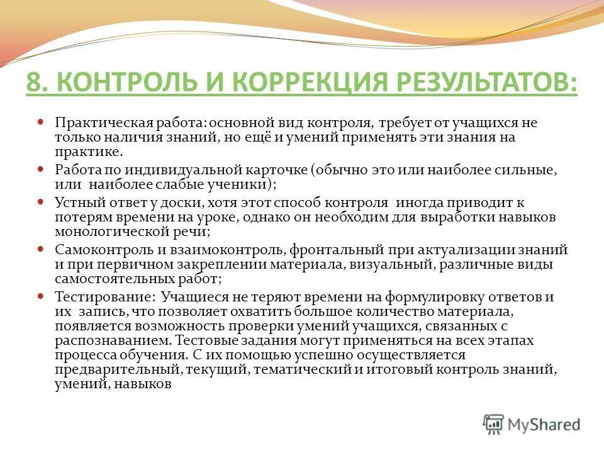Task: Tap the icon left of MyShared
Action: pos(493,423)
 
